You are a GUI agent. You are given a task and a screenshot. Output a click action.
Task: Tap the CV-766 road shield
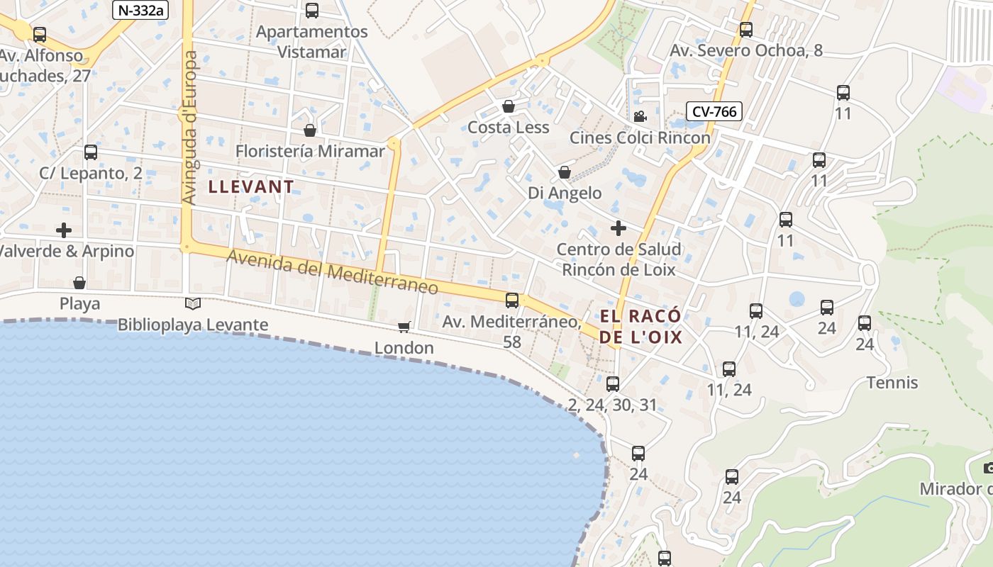pyautogui.click(x=714, y=111)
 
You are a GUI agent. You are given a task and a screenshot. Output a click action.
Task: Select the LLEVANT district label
pyautogui.click(x=251, y=187)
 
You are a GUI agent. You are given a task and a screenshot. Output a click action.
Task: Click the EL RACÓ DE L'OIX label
pyautogui.click(x=640, y=326)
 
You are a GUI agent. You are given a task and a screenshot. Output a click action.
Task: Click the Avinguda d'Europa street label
pyautogui.click(x=189, y=128)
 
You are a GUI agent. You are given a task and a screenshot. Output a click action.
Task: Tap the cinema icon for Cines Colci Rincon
pyautogui.click(x=640, y=116)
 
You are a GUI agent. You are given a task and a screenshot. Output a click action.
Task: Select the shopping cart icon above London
pyautogui.click(x=404, y=327)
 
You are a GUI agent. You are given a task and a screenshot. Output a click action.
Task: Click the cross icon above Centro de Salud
pyautogui.click(x=618, y=228)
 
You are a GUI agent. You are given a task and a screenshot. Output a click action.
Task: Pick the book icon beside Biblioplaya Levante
pyautogui.click(x=193, y=304)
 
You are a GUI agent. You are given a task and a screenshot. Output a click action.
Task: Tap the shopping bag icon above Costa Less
pyautogui.click(x=509, y=107)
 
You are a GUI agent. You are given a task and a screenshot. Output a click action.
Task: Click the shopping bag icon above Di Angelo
pyautogui.click(x=565, y=172)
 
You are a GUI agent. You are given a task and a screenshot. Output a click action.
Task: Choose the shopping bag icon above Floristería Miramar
pyautogui.click(x=310, y=130)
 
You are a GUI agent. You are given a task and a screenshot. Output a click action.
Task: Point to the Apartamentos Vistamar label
pyautogui.click(x=312, y=41)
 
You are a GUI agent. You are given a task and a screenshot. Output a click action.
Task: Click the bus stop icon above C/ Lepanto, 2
pyautogui.click(x=90, y=152)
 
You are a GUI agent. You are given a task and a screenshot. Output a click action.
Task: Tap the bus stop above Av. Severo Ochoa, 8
pyautogui.click(x=746, y=30)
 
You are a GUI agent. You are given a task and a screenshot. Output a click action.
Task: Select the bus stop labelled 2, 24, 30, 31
pyautogui.click(x=613, y=384)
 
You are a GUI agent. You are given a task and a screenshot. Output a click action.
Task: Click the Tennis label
pyautogui.click(x=892, y=383)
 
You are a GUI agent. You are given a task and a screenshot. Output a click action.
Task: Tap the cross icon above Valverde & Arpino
pyautogui.click(x=64, y=230)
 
